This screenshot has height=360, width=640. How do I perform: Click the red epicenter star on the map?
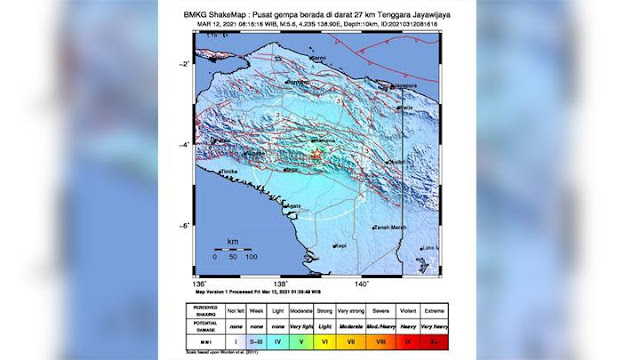pos(316,157)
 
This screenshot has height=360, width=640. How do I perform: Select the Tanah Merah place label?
pos(387,227)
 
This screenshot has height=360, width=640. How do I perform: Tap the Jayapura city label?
pos(404,87)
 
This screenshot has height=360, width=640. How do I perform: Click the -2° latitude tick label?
pos(185,63)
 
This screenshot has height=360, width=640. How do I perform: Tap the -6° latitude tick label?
pos(185,226)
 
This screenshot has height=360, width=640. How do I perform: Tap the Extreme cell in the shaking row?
pos(435,310)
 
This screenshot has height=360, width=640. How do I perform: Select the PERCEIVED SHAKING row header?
pos(206,310)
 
